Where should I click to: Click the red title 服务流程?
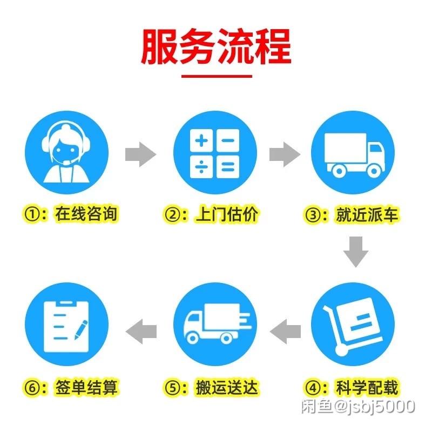point(217,46)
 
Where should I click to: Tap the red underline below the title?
point(217,76)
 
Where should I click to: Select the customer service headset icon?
point(66,153)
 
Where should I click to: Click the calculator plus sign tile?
point(201,140)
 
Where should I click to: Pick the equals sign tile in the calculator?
point(228,167)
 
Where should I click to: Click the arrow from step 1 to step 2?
point(141,154)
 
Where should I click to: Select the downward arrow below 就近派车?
point(356,252)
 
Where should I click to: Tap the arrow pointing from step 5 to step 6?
point(141,332)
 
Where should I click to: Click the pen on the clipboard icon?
point(82,329)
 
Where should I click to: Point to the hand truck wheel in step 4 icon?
point(341,350)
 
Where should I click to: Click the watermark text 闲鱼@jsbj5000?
point(358,406)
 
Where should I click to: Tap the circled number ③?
point(313,214)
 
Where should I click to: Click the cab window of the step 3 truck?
point(375,148)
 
